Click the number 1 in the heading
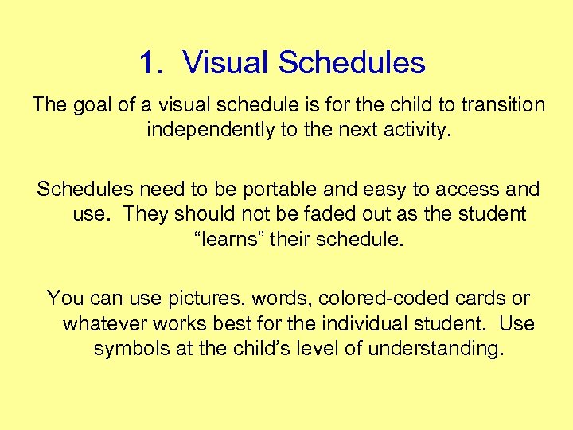(146, 63)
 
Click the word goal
(96, 105)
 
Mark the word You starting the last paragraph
(63, 299)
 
